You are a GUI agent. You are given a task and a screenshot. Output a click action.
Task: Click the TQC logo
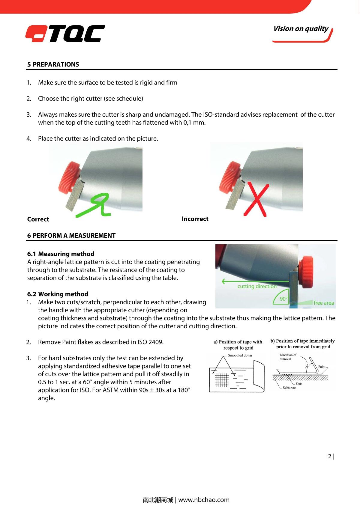pos(65,34)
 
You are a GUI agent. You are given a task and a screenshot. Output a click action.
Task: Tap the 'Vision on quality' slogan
pos(301,29)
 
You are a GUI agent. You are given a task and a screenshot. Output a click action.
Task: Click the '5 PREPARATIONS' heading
pos(53,64)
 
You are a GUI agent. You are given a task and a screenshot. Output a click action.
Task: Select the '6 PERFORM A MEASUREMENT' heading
pos(71,236)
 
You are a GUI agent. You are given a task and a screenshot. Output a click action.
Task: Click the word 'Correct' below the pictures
pos(38,219)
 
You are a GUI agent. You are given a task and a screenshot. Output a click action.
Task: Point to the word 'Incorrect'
pos(195,219)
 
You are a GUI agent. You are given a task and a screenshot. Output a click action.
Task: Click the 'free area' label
pos(323,303)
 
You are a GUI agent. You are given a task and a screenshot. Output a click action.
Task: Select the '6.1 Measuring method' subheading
pos(61,254)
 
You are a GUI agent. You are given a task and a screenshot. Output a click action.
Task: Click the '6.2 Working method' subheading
pos(58,294)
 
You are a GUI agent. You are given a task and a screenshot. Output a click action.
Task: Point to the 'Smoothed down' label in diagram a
pos(240,356)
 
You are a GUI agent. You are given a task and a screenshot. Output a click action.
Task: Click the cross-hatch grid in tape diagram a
pos(222,380)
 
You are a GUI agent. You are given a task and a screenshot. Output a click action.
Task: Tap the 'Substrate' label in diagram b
pos(289,388)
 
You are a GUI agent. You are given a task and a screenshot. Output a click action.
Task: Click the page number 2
pos(330,457)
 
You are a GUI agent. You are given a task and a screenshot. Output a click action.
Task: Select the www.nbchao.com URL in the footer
pos(204,500)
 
